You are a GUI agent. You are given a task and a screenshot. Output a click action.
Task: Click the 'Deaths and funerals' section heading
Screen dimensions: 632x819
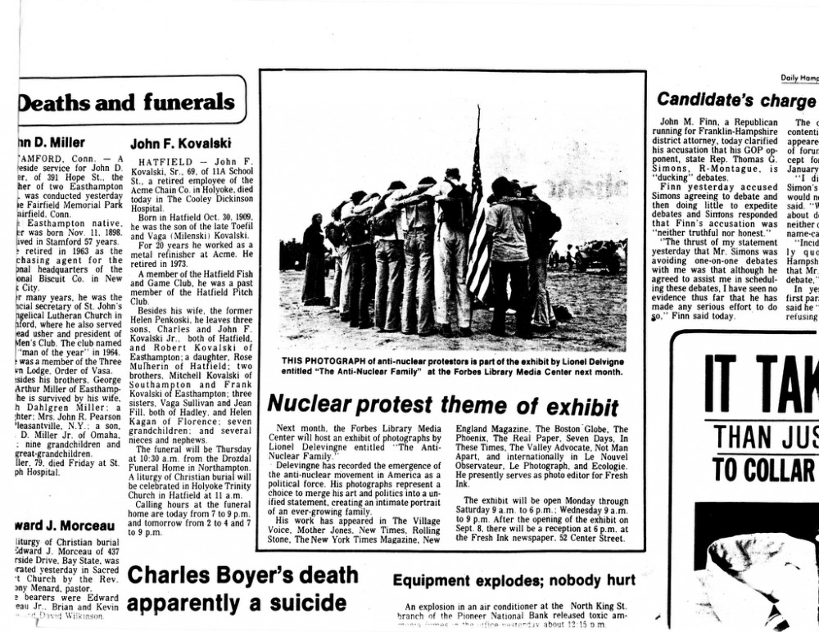click(126, 102)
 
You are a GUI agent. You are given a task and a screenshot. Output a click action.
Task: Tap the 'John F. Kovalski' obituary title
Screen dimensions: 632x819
click(180, 142)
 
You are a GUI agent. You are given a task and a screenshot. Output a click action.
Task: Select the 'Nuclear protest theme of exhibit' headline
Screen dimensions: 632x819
click(443, 404)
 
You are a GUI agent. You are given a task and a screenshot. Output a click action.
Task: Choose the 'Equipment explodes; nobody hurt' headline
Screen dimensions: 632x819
click(514, 580)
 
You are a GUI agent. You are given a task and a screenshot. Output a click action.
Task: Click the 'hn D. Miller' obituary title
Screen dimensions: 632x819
click(52, 142)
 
